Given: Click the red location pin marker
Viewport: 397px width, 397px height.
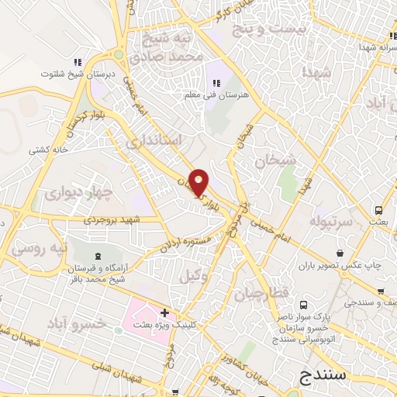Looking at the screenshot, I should [199, 181].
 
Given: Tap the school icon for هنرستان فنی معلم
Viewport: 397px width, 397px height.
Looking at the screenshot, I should [216, 82].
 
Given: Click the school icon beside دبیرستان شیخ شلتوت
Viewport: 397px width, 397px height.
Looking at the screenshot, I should [77, 62].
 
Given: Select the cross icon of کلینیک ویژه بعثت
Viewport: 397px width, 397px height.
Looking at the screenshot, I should [164, 312].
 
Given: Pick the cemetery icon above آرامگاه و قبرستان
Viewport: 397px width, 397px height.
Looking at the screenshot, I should [97, 257].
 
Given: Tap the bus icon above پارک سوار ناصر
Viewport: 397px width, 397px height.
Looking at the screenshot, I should [303, 305].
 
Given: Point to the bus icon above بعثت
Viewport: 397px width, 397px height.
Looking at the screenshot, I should [378, 209].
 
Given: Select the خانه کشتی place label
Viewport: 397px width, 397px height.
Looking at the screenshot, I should [49, 149].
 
